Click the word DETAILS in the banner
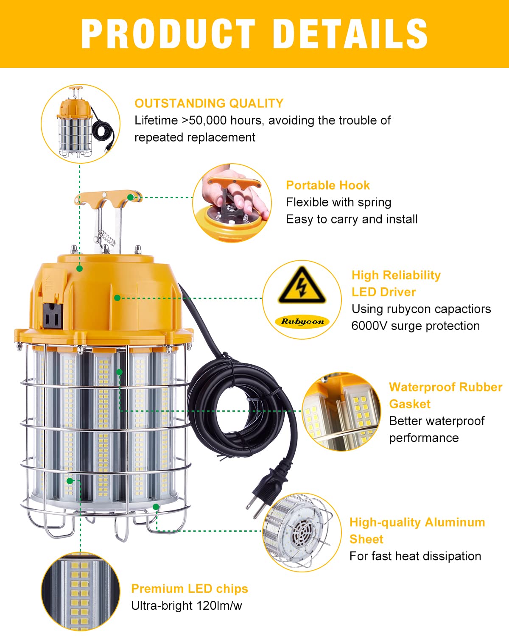(350, 33)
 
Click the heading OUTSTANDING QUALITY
(209, 103)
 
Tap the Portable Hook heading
(327, 185)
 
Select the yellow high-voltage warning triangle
(302, 286)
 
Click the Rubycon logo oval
(302, 321)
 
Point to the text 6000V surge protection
(415, 326)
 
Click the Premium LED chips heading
(189, 589)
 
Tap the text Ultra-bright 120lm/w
(186, 605)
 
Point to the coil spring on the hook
(107, 237)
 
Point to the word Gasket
(409, 404)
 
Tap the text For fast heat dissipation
(415, 556)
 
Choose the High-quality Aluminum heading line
(417, 522)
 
